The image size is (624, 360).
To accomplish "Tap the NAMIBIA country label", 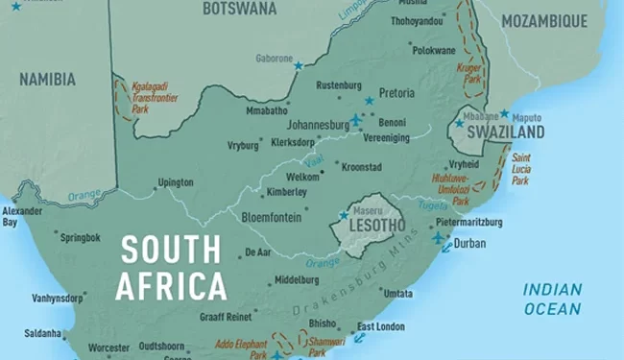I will point(48,80).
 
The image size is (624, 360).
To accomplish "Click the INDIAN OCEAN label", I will point(552,299).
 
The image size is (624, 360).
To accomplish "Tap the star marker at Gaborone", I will point(299,66).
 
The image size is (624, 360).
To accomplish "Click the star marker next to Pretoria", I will point(369,101).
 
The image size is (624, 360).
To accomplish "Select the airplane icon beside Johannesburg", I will point(357,120).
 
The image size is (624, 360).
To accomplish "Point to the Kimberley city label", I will point(286,192).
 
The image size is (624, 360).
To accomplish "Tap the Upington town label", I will point(176,182).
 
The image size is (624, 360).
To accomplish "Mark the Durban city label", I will point(469,243).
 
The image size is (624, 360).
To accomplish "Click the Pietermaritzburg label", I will point(468,222).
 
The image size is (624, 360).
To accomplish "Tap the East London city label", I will point(380,326).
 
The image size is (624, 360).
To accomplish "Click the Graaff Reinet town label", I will point(225,317).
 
